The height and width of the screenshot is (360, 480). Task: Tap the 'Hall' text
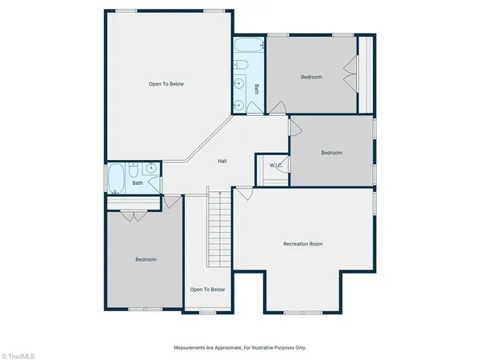[223, 162]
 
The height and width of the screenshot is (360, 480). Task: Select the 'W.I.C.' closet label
[276, 166]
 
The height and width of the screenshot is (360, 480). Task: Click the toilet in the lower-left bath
[133, 170]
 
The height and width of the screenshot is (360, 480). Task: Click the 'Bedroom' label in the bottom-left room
[146, 259]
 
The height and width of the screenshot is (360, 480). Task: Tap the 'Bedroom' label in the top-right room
[311, 77]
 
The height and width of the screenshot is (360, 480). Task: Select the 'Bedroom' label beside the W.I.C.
[331, 153]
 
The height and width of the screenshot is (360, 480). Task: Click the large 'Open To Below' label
[166, 83]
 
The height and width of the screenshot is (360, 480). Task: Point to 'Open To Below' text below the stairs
[207, 290]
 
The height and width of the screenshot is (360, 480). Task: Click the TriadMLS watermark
[22, 352]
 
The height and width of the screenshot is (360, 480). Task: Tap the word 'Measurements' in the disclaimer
[192, 348]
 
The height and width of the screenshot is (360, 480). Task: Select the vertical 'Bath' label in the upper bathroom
[257, 89]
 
